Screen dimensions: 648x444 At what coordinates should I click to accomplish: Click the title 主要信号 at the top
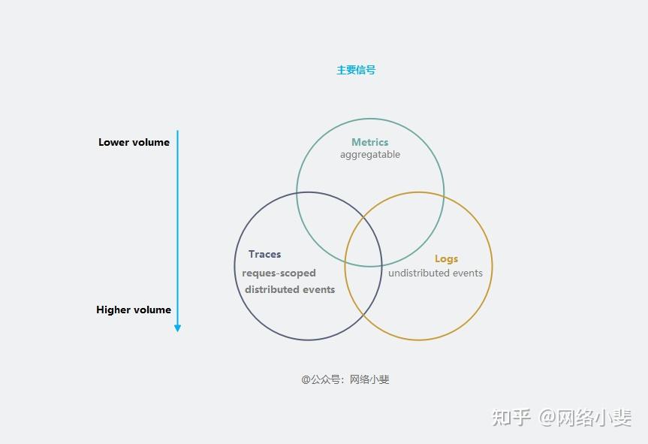click(x=356, y=70)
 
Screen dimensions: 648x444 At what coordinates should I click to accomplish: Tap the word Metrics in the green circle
click(x=370, y=142)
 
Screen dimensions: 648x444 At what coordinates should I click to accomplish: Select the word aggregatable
click(x=370, y=155)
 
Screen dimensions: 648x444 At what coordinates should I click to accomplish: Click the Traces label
click(x=264, y=255)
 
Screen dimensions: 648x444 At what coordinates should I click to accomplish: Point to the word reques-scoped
click(x=279, y=273)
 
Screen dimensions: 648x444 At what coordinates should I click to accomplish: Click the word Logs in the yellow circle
click(x=446, y=258)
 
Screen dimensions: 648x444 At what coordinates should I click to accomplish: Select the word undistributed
click(x=419, y=273)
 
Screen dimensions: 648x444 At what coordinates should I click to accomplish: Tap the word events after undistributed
click(x=468, y=273)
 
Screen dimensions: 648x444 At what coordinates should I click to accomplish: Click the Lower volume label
click(x=134, y=142)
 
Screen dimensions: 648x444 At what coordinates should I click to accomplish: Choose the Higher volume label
click(x=134, y=310)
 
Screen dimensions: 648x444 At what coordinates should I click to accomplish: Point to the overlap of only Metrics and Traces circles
click(x=327, y=214)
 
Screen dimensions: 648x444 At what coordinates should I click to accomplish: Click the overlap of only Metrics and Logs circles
click(x=409, y=214)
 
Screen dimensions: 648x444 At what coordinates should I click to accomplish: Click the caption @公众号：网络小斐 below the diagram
click(x=345, y=379)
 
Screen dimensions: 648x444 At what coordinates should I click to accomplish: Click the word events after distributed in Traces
click(x=318, y=289)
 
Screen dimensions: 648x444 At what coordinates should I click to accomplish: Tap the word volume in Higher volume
click(x=152, y=310)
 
